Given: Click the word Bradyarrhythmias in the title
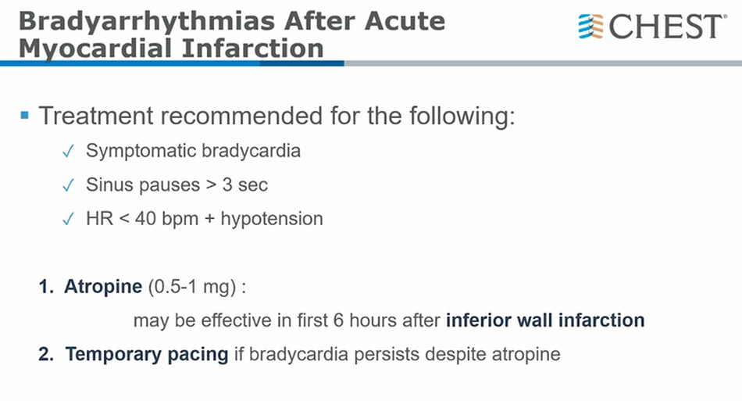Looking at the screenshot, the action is pos(147,22).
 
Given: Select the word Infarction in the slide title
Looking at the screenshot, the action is pos(253,48).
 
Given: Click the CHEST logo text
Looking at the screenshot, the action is pos(666,26).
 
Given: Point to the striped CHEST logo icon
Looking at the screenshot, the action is pos(590,26).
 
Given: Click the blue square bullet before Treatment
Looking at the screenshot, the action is pos(25,115).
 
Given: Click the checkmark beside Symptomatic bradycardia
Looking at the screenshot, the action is pos(68,152).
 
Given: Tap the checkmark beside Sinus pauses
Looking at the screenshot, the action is pos(68,185).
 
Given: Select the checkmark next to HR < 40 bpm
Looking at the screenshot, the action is pos(68,220).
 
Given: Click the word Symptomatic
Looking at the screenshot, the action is pos(141,152).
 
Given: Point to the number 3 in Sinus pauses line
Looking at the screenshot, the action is pos(227,184).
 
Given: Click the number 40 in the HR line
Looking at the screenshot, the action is pos(146,219).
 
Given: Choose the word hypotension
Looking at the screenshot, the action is pos(272,219).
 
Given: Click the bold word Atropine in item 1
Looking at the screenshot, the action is pos(103,286).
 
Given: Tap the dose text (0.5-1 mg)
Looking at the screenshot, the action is pos(192,287).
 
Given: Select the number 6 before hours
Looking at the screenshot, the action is pos(338,320).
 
